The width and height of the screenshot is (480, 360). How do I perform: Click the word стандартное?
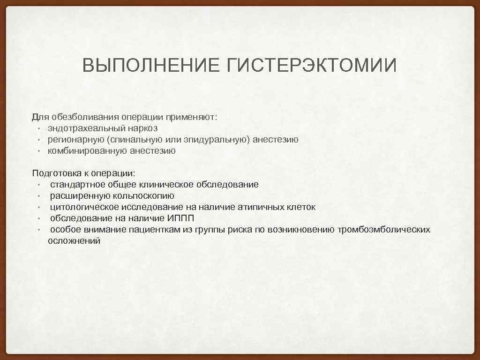pyautogui.click(x=77, y=185)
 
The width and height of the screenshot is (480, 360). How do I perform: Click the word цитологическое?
pyautogui.click(x=84, y=207)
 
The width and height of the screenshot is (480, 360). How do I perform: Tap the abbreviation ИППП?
pyautogui.click(x=180, y=218)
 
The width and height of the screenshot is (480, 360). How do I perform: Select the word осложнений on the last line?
pyautogui.click(x=74, y=241)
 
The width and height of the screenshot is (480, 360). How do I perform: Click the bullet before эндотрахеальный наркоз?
pyautogui.click(x=39, y=128)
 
